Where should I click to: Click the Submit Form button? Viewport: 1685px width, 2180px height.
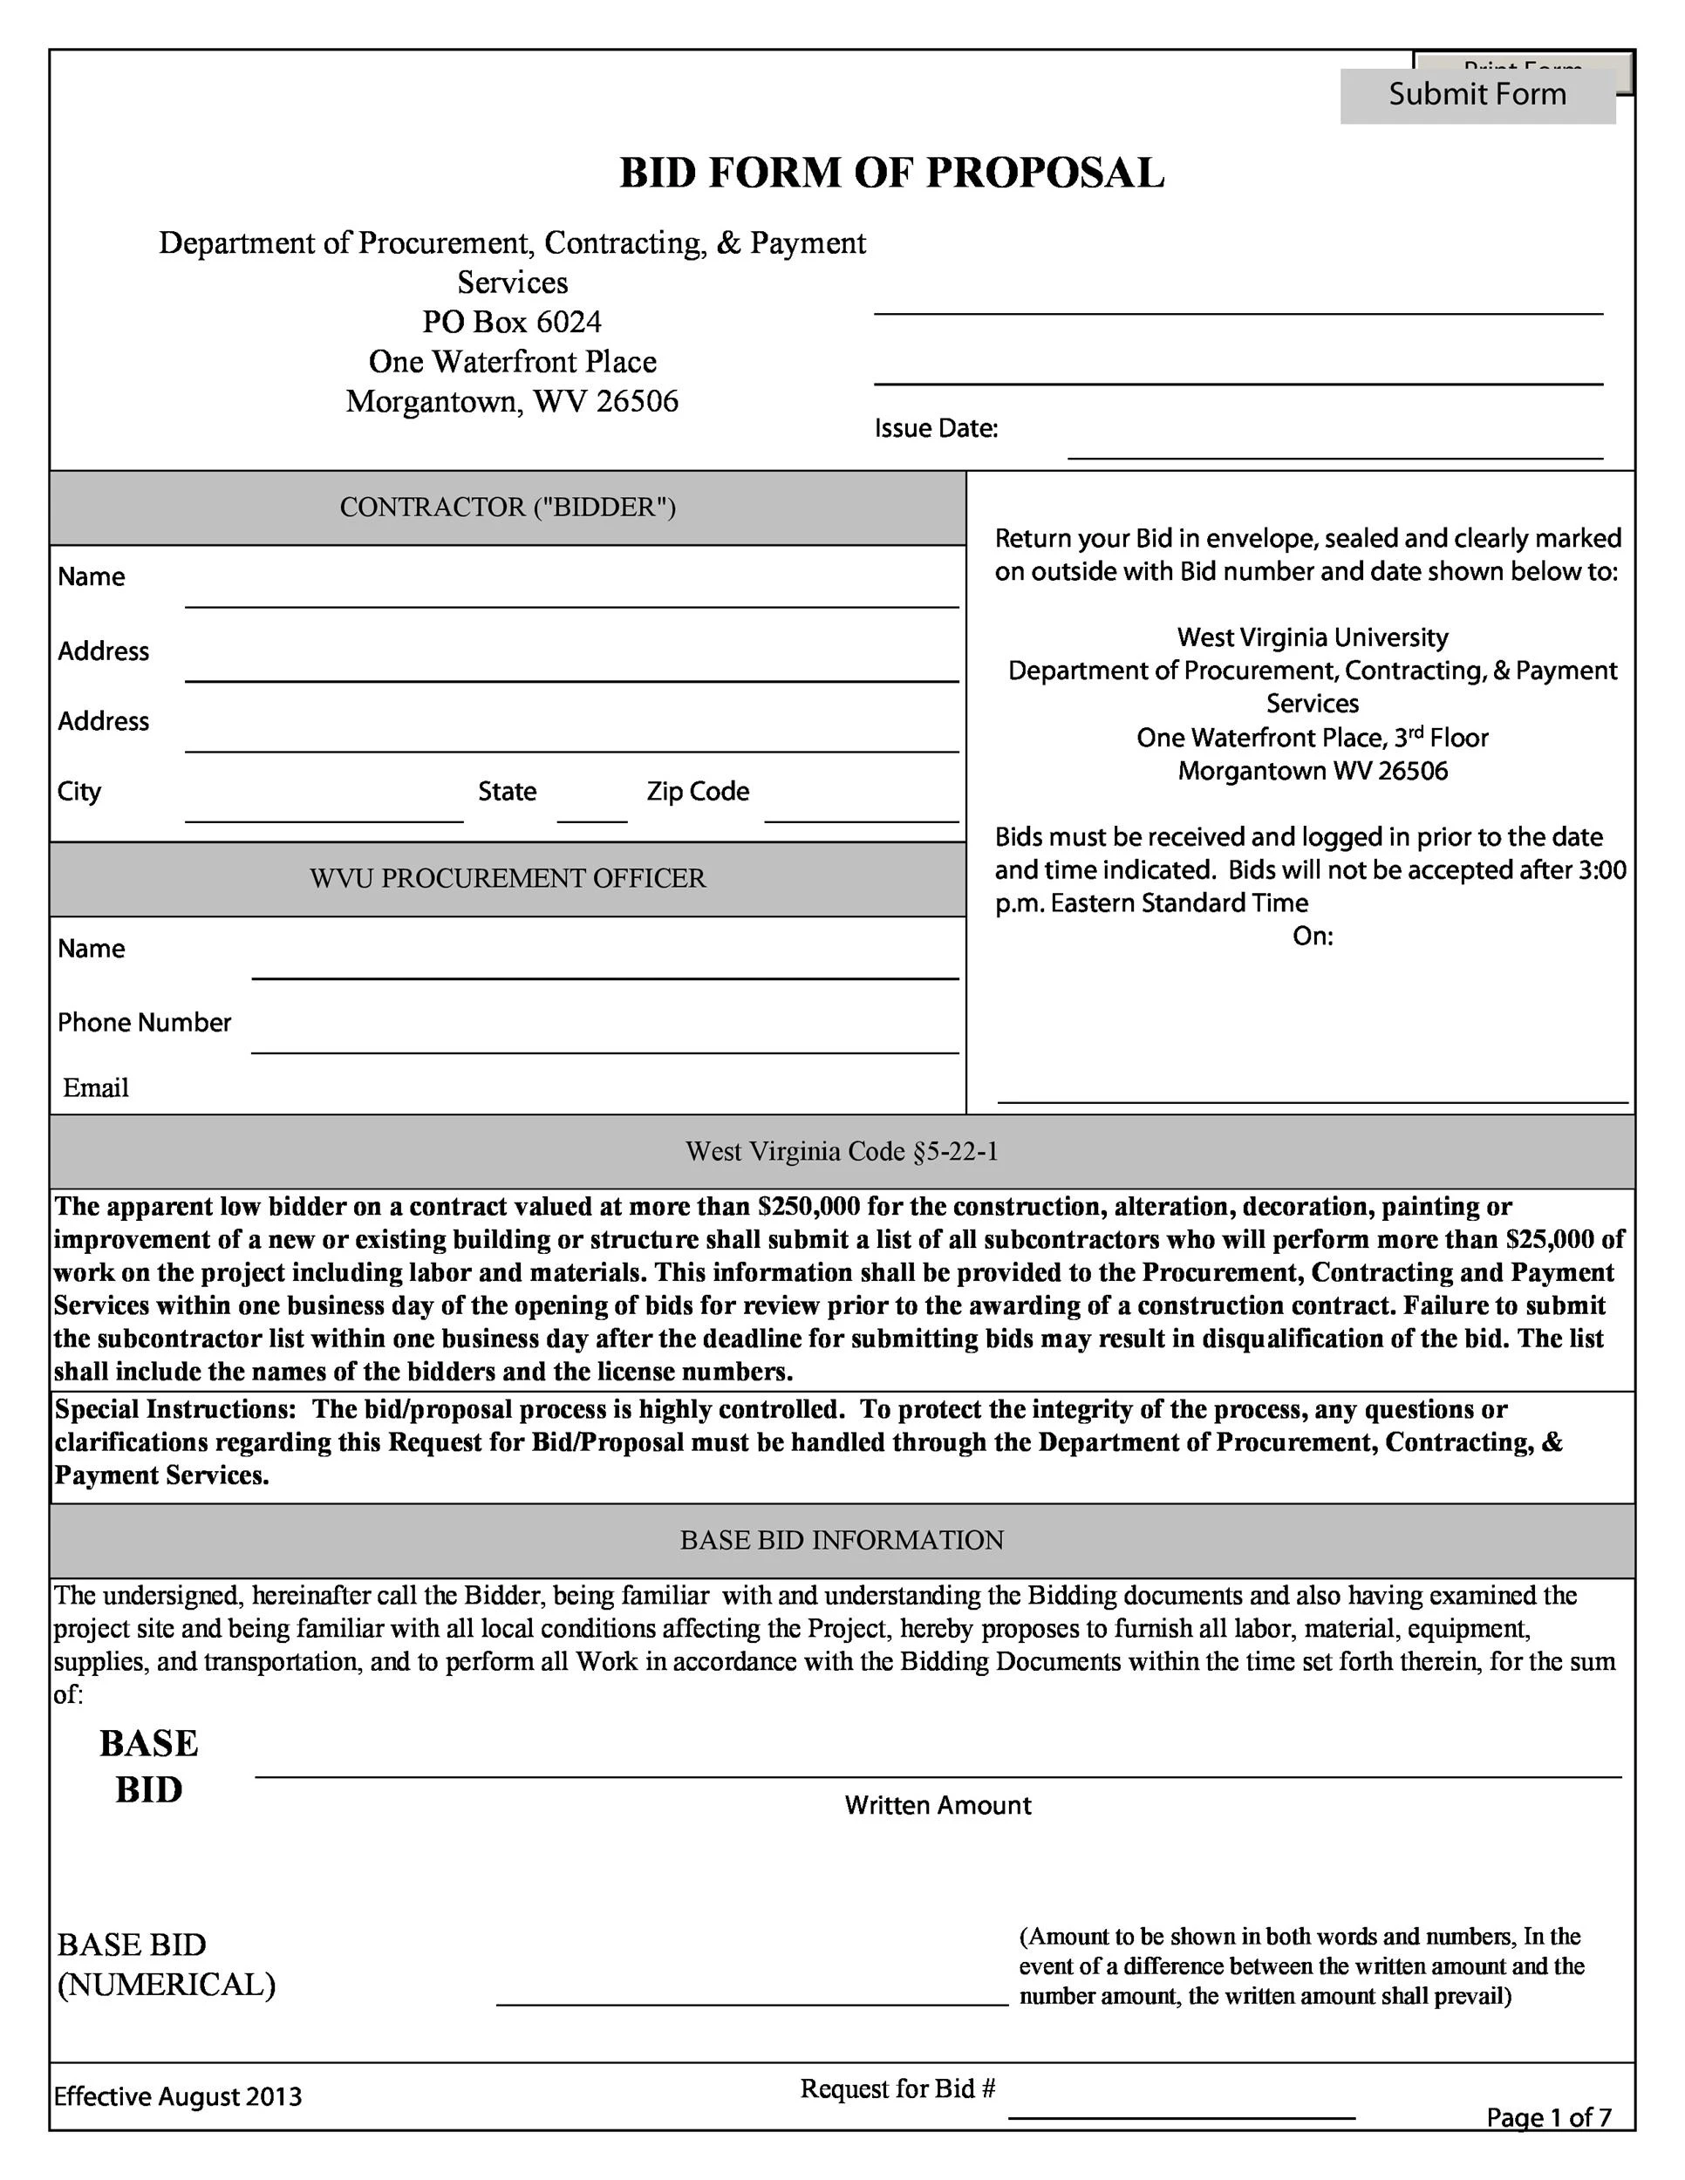coord(1477,95)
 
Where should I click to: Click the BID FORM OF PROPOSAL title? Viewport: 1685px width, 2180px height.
coord(891,173)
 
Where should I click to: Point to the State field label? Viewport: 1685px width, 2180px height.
coord(506,792)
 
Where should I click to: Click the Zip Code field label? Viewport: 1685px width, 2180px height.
coord(697,792)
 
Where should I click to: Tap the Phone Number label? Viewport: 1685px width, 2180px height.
coord(144,1022)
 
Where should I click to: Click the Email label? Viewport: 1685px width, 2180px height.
coord(96,1088)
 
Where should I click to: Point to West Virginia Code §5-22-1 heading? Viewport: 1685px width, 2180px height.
coord(842,1152)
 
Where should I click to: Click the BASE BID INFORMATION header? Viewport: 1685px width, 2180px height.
coord(842,1540)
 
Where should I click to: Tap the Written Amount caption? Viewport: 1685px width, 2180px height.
coord(938,1805)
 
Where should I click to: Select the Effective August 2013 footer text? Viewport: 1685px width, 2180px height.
coord(178,2096)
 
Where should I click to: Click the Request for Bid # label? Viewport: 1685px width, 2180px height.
coord(897,2089)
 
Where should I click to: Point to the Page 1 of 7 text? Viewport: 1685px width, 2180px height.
coord(1548,2117)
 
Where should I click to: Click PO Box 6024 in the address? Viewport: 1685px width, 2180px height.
coord(511,323)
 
